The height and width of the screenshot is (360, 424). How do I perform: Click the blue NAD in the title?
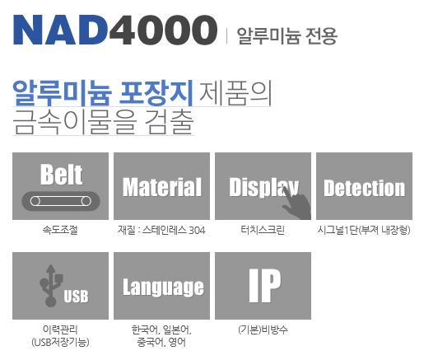60,30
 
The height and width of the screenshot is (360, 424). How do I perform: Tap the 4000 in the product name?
164,30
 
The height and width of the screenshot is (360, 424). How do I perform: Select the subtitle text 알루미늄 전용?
287,35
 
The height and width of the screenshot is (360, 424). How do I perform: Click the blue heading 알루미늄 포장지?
103,93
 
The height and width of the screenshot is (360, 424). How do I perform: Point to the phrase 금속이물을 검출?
103,122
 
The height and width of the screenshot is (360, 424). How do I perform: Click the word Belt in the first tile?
61,174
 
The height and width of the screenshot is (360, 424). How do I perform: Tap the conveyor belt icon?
61,201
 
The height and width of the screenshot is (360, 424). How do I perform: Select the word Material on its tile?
162,187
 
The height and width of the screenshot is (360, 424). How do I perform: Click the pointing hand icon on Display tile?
296,203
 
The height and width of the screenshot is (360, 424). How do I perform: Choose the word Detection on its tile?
365,188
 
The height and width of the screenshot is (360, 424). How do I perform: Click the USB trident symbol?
50,285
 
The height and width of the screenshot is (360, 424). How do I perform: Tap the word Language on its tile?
163,288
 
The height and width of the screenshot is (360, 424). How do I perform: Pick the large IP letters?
265,286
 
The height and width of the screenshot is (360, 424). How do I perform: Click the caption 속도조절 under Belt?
60,230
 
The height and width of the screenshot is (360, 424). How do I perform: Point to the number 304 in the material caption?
197,230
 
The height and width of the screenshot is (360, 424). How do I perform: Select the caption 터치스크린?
263,230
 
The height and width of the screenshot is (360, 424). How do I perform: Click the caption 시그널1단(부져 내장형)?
364,230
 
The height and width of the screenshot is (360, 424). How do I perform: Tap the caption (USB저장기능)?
60,342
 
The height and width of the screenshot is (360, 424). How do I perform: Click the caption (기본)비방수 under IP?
263,330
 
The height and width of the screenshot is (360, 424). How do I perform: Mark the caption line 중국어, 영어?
161,342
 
